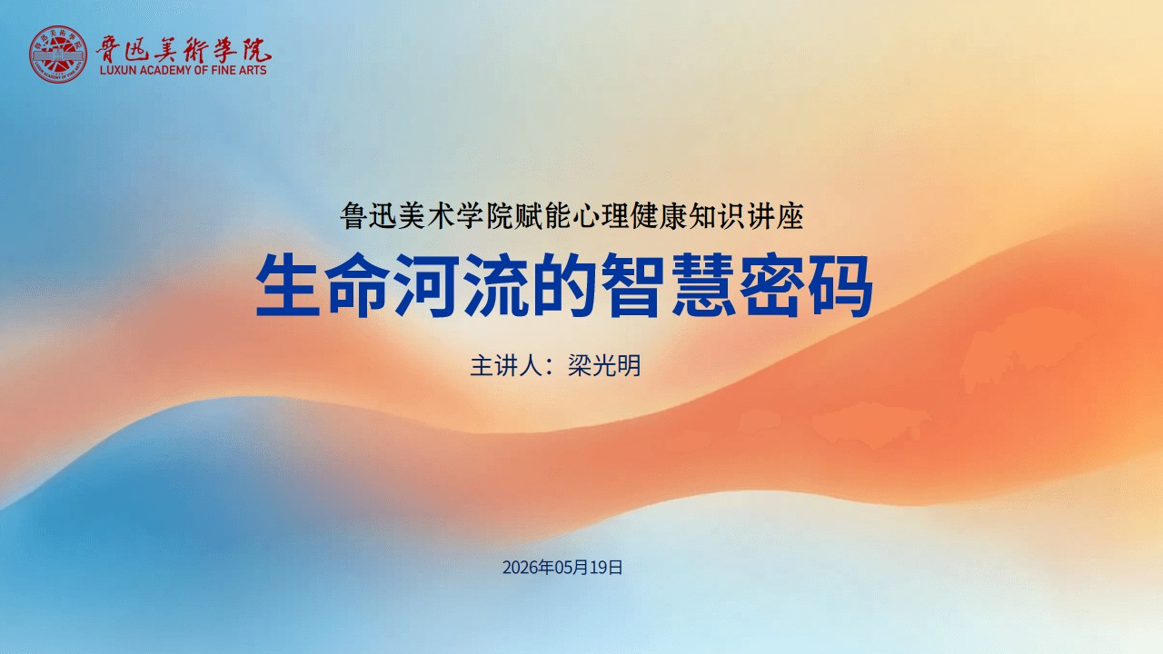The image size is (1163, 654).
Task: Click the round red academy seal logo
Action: click(58, 54)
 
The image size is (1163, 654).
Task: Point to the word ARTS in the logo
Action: click(253, 70)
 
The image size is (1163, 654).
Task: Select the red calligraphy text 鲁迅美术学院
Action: click(184, 49)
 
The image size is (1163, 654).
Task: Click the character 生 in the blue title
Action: click(287, 285)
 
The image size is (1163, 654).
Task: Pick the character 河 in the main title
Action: click(427, 285)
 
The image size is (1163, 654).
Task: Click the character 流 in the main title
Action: click(496, 285)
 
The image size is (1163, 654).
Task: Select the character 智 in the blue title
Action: click(633, 285)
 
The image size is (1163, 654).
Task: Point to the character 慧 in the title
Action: click(703, 285)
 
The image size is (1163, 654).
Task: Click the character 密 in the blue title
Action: click(772, 285)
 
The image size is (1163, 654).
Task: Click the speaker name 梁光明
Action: click(604, 366)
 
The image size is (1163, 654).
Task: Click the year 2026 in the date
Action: click(520, 568)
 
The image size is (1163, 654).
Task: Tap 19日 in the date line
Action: click(606, 568)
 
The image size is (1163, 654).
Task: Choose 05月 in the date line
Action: click(572, 568)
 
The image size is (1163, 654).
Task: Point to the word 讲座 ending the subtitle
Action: click(776, 216)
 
